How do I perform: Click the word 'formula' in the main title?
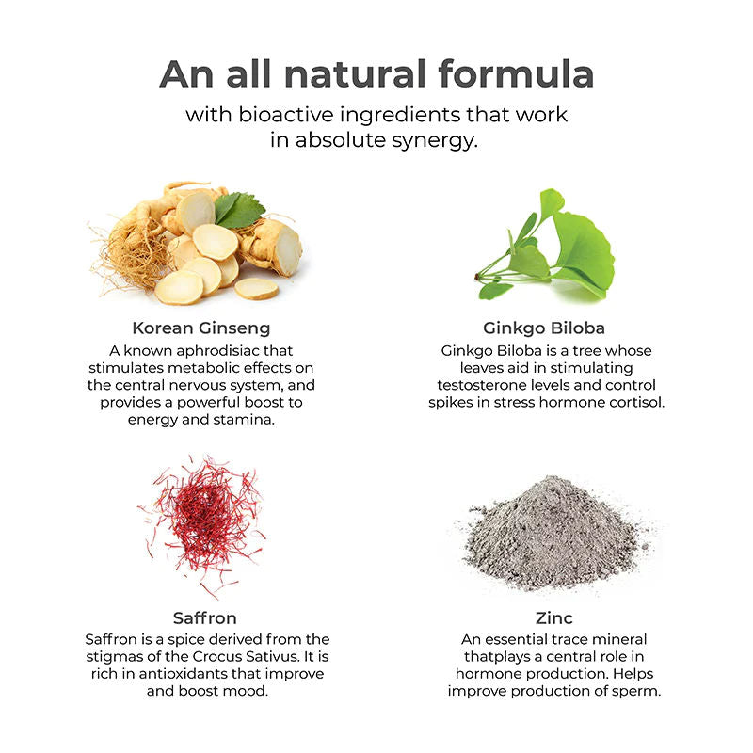coord(516,73)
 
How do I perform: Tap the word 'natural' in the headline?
coord(356,73)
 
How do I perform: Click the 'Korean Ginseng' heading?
coord(201,328)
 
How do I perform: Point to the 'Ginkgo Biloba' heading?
coord(544,328)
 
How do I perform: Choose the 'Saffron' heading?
coord(205,617)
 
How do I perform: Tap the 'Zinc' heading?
coord(554,617)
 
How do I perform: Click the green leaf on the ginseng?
coord(239,210)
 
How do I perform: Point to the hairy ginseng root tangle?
coord(125,254)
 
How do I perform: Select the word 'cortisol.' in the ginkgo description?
coord(637,403)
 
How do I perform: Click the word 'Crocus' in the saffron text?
coord(218,656)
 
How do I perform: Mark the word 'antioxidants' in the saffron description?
coord(183,674)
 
